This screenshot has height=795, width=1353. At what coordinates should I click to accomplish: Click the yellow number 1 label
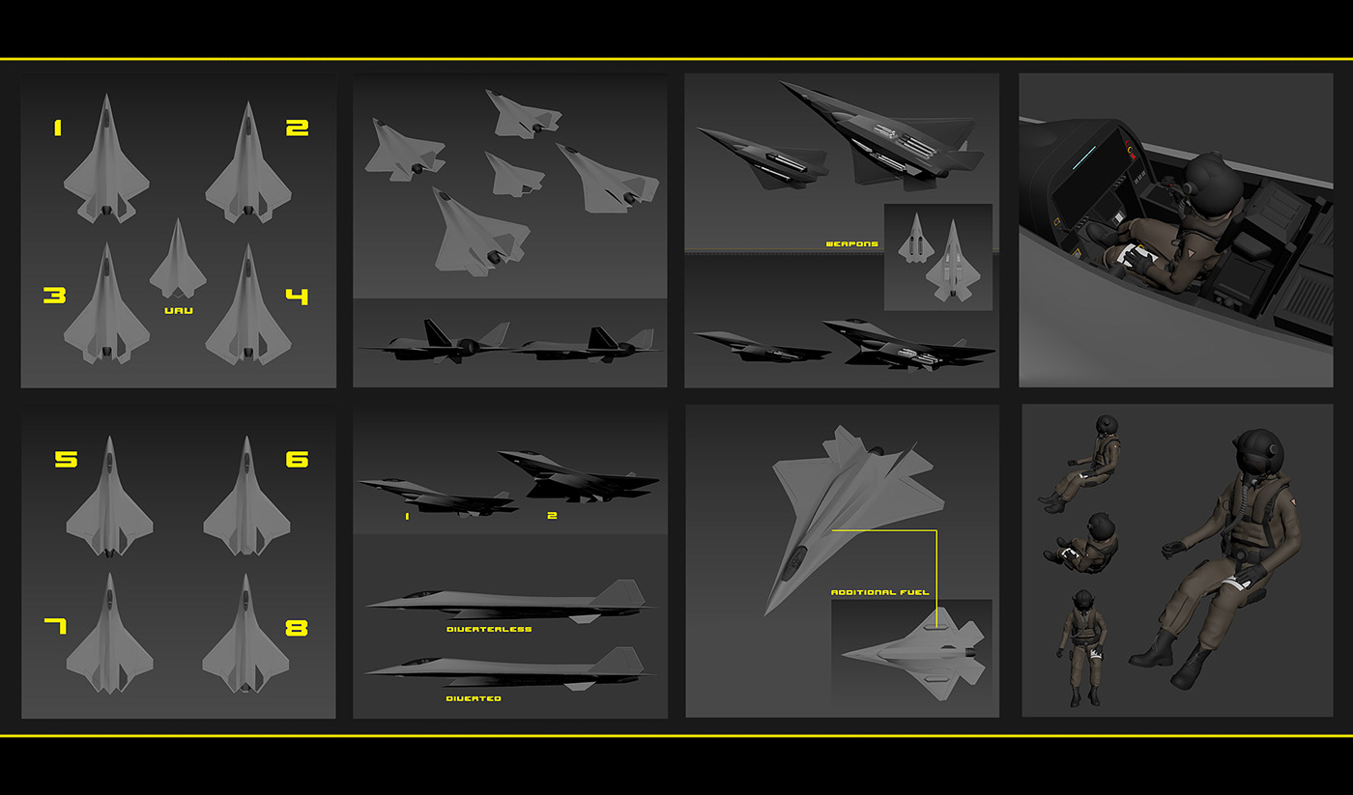[57, 127]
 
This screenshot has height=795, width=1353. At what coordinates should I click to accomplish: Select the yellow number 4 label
[297, 296]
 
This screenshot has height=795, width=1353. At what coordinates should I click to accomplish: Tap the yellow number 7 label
[55, 627]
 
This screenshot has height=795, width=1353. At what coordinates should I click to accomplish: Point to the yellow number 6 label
[297, 459]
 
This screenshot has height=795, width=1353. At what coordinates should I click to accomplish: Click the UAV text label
[178, 311]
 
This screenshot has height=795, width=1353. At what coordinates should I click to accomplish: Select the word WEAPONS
[851, 244]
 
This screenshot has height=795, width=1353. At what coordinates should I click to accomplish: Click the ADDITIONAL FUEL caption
[878, 592]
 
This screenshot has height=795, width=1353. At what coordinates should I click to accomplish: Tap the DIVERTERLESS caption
[488, 629]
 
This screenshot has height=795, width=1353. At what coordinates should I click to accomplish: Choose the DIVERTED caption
[474, 697]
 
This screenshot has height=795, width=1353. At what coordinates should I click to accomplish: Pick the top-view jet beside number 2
[248, 164]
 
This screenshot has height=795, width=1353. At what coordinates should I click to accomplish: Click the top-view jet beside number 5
[109, 499]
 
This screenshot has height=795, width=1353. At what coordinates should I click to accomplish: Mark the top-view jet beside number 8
[245, 636]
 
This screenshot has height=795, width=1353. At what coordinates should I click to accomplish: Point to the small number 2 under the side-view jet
[552, 516]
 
